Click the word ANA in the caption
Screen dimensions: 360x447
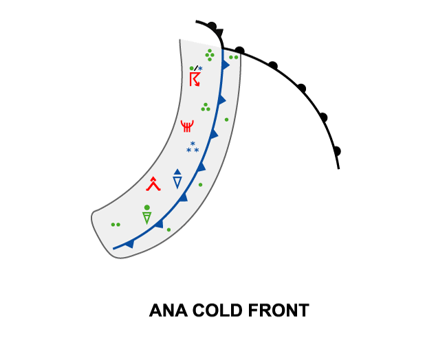pos(166,311)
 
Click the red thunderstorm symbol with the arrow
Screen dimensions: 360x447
pos(195,80)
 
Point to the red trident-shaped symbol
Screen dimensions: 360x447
pos(187,126)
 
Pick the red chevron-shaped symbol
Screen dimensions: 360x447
pos(153,183)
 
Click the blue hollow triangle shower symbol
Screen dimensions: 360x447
pos(177,182)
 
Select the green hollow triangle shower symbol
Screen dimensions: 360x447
pos(146,218)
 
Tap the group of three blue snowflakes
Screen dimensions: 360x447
pos(193,147)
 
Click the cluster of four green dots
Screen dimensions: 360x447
pos(209,54)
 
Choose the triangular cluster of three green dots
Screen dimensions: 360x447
pos(205,106)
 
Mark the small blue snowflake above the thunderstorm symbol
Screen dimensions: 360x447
pos(200,68)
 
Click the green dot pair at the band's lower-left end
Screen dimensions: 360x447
pos(116,224)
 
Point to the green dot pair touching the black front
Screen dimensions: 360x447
pos(234,57)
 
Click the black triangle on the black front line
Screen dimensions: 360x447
pos(218,34)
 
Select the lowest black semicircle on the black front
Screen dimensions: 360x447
pos(336,150)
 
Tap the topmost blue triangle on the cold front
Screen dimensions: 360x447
pos(225,65)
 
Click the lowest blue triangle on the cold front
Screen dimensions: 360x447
pos(129,243)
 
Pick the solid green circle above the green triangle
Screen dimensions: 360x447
pos(146,207)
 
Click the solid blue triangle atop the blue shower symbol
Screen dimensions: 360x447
pos(177,172)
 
